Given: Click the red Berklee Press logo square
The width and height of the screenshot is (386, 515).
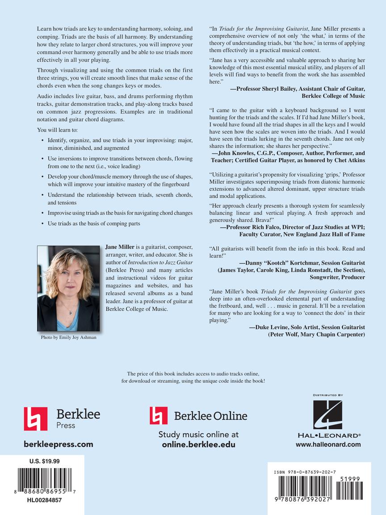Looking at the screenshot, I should pos(35,419).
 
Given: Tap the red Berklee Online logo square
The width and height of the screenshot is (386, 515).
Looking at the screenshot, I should pos(159,415).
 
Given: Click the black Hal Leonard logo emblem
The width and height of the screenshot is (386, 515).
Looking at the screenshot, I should pos(327,414).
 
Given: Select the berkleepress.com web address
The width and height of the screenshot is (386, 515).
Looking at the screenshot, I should pos(58,444).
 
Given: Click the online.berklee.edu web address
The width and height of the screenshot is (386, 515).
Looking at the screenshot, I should pos(198,444).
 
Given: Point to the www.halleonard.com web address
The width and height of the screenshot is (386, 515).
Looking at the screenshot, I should pos(328,444).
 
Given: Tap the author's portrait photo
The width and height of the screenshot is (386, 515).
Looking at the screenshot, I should pos(68,288).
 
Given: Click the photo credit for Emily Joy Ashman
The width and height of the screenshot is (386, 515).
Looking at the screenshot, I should pos(68,338).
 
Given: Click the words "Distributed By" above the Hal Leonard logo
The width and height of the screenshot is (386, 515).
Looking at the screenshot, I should pos(327,395).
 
